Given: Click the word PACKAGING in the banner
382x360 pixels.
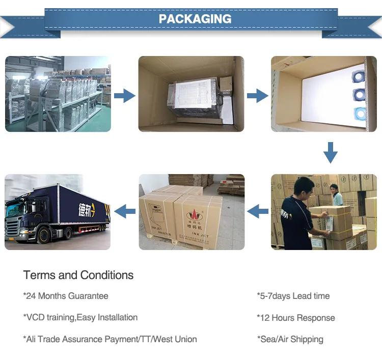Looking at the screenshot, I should [x=195, y=19].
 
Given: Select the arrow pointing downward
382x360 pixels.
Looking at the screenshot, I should [x=331, y=152].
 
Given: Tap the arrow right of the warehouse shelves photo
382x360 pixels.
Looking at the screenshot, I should [x=124, y=95].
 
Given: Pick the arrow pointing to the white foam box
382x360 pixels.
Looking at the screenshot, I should [x=257, y=95].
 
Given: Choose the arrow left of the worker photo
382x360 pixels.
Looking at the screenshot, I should [x=257, y=209].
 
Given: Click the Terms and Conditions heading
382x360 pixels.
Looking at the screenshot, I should [x=78, y=275].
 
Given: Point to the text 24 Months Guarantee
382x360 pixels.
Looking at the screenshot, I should [x=66, y=296].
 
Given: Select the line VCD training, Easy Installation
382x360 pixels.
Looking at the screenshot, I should [x=80, y=317].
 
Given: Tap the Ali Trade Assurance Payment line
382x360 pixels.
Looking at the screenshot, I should [x=110, y=339].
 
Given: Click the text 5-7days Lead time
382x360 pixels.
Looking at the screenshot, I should [x=293, y=296].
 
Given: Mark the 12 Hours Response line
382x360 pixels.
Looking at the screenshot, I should [x=296, y=318].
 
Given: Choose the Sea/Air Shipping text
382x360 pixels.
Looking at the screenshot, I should [x=291, y=339].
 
